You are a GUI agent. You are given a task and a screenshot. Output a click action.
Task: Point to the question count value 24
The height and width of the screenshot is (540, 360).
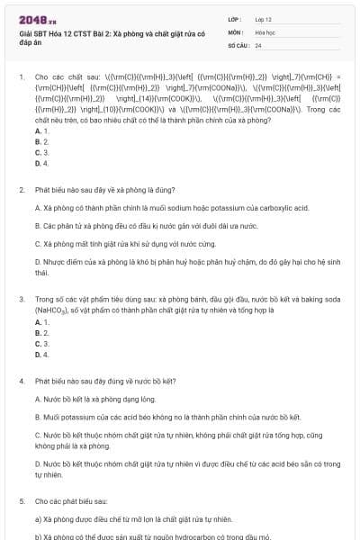tap(258, 44)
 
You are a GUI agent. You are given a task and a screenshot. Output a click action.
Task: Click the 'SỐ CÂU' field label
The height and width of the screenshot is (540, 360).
tap(238, 44)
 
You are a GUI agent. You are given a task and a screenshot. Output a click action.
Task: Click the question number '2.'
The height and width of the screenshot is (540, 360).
tap(22, 191)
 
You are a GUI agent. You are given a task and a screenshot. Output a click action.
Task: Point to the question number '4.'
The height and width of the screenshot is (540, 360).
tap(22, 382)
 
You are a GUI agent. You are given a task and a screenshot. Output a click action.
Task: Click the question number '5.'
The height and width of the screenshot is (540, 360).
tap(22, 501)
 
